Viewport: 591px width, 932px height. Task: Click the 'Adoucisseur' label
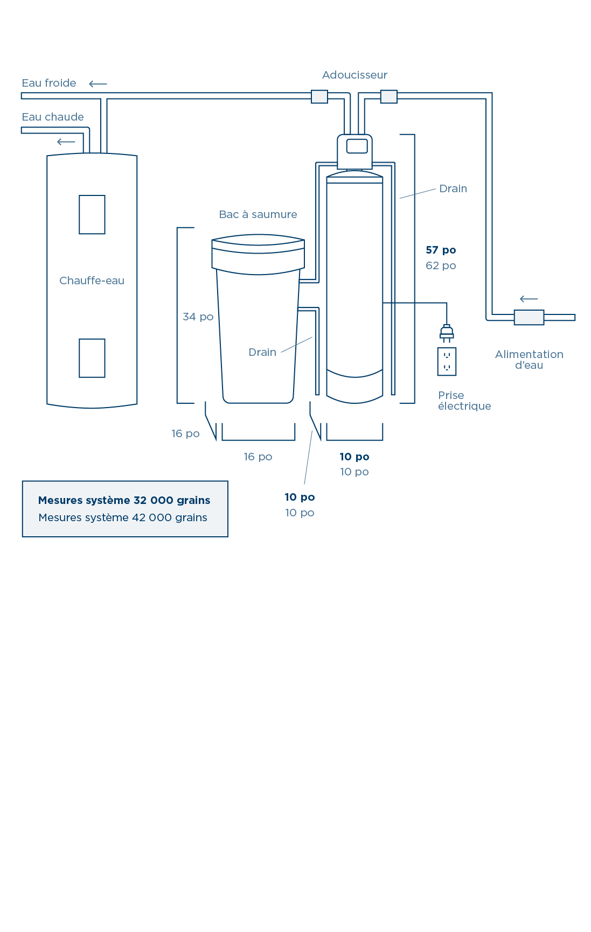click(x=354, y=75)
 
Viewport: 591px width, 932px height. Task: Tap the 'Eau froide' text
click(x=49, y=83)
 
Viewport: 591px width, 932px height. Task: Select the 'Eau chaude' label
click(x=53, y=117)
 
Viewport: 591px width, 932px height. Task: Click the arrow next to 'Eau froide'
click(x=98, y=84)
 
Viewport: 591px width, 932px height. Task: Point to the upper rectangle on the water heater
click(x=92, y=215)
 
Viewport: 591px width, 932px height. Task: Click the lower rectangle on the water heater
click(x=92, y=358)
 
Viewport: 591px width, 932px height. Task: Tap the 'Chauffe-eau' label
click(x=92, y=281)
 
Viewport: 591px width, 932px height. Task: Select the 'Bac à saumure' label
click(x=258, y=214)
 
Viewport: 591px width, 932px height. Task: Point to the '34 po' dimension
click(x=198, y=317)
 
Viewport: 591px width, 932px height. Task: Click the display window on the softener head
click(x=357, y=146)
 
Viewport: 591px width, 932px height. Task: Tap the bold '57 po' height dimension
click(x=441, y=250)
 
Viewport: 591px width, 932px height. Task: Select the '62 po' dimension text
click(x=441, y=266)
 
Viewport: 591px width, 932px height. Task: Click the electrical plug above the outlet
click(x=447, y=333)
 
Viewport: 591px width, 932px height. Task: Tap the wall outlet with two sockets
click(x=447, y=362)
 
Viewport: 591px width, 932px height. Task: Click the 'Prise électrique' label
click(x=464, y=401)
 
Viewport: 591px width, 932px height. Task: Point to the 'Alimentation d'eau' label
click(x=529, y=360)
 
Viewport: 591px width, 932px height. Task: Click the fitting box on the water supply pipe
click(x=529, y=318)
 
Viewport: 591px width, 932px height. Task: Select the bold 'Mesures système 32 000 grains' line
click(x=124, y=500)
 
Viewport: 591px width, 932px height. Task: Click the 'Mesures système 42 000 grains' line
click(x=123, y=518)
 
